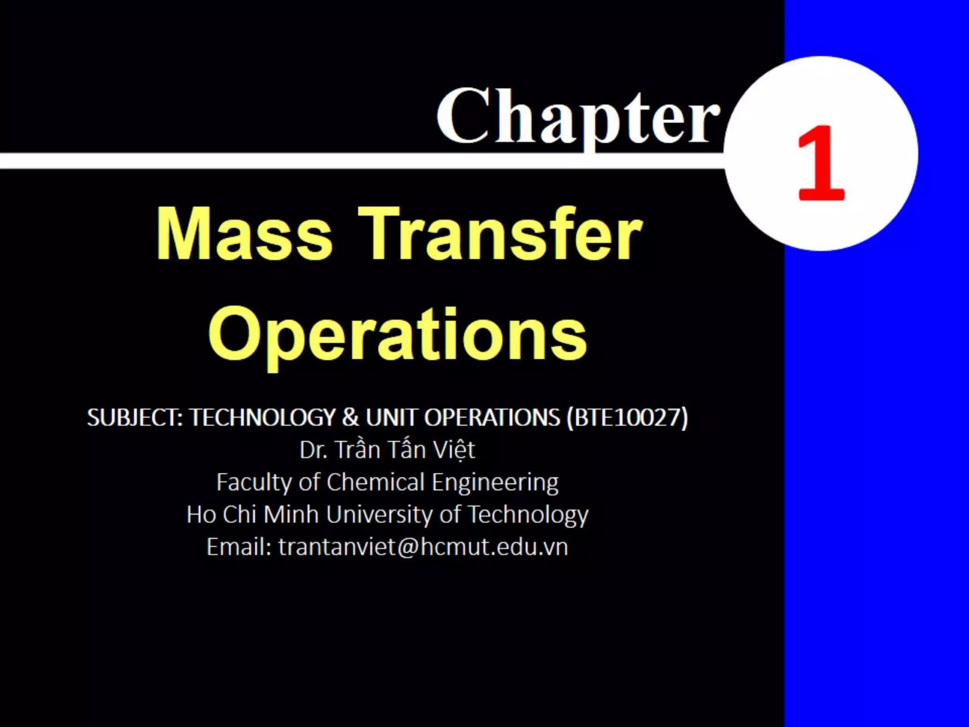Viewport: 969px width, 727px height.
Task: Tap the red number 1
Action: click(821, 163)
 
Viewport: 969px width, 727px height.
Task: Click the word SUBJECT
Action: click(134, 417)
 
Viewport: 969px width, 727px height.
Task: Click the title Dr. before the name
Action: click(313, 450)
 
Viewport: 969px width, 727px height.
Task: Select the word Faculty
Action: click(254, 483)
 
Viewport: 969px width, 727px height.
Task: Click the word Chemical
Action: click(376, 482)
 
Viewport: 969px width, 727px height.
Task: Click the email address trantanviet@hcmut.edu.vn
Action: click(423, 547)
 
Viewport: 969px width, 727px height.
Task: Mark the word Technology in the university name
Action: click(528, 515)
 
